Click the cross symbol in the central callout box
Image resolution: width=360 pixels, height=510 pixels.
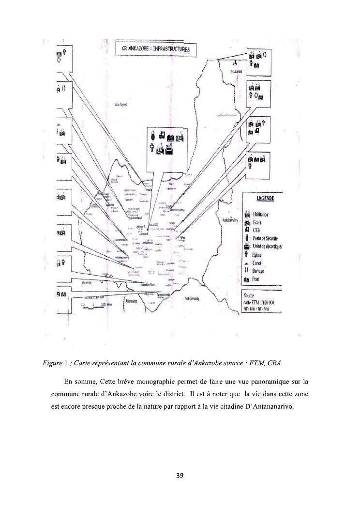pos(151,149)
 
